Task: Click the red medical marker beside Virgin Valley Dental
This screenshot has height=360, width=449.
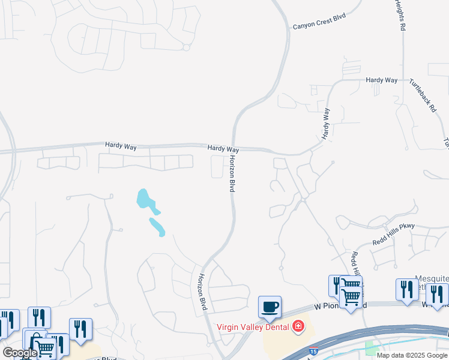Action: click(298, 327)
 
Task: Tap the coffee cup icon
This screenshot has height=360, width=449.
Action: click(270, 307)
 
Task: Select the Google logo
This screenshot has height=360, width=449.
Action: click(20, 353)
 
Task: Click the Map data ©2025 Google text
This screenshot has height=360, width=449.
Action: click(412, 355)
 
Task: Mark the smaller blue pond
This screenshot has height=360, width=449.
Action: click(157, 227)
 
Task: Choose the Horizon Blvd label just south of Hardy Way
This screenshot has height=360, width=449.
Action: click(231, 173)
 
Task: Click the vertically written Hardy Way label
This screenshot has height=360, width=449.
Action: click(326, 124)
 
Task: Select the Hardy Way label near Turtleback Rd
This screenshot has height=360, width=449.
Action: click(382, 79)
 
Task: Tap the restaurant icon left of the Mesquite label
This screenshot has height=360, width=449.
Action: click(407, 289)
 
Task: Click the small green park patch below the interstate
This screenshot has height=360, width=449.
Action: click(370, 349)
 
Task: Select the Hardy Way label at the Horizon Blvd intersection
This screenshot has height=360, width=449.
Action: click(223, 148)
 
